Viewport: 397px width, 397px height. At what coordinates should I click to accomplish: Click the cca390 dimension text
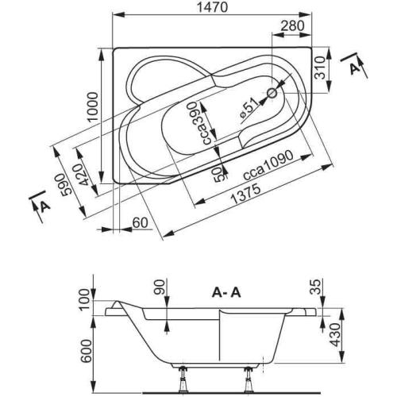[x=193, y=124]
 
